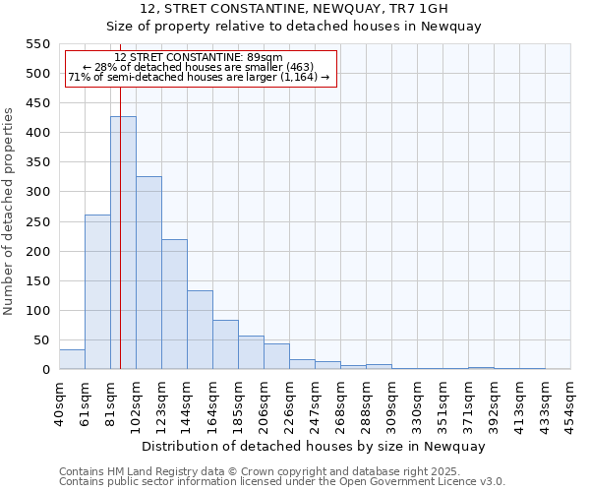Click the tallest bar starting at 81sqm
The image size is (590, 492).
tap(123, 242)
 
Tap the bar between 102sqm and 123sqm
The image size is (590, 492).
tap(148, 273)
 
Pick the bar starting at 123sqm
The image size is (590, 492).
tap(174, 304)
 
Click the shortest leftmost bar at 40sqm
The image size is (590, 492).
tap(72, 359)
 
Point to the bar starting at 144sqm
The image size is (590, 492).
tap(200, 330)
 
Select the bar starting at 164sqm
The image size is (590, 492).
tap(225, 344)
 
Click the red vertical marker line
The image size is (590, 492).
tap(120, 226)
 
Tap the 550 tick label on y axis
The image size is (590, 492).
tap(37, 44)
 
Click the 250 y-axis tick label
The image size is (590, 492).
tap(37, 221)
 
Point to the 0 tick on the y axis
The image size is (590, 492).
tap(45, 370)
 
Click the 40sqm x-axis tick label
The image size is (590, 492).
tap(59, 401)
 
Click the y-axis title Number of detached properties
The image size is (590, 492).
tap(10, 212)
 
